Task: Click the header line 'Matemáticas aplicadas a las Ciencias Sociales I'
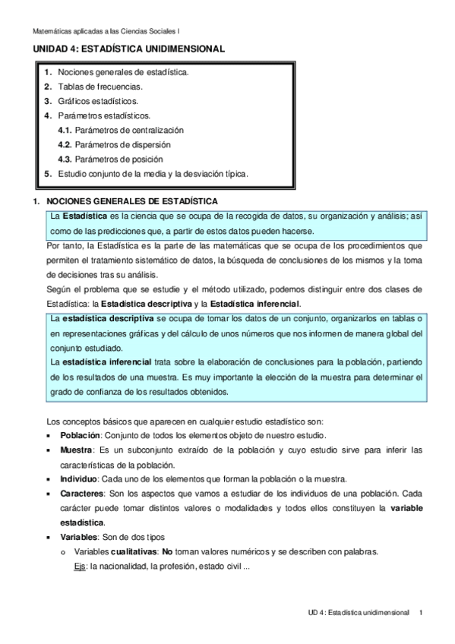(x=107, y=32)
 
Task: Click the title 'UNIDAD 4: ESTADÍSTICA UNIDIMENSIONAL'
(x=128, y=49)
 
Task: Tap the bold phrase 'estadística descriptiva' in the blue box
(x=109, y=317)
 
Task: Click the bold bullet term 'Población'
(x=80, y=436)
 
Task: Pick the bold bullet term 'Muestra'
(x=77, y=450)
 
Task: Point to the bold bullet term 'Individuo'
(x=80, y=479)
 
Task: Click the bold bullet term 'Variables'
(x=80, y=537)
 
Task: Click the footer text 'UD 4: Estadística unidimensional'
(x=359, y=612)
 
